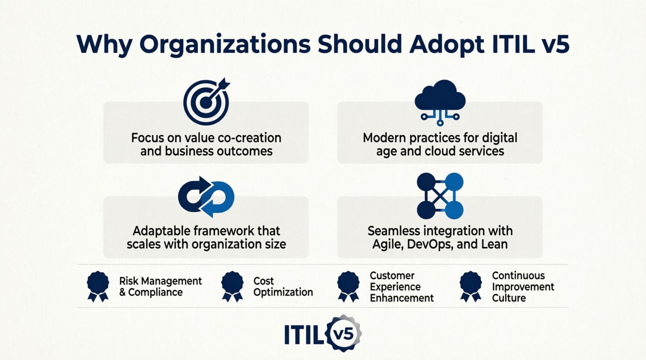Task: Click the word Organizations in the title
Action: tap(225, 45)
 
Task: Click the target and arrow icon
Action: tap(207, 102)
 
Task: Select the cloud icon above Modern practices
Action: tap(440, 103)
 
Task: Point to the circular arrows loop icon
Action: tap(206, 197)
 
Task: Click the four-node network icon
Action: tap(440, 196)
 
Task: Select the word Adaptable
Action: tap(161, 231)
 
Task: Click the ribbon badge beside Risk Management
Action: tap(98, 287)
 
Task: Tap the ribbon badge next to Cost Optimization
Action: tap(232, 287)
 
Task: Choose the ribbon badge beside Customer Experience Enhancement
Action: tap(348, 287)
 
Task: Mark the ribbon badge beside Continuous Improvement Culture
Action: tap(471, 287)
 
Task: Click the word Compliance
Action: tap(155, 292)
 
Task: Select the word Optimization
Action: tap(283, 292)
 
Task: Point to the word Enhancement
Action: tap(402, 298)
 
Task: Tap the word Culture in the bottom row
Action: tap(509, 298)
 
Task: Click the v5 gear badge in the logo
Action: tap(343, 333)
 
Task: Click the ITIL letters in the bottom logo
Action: tap(304, 334)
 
